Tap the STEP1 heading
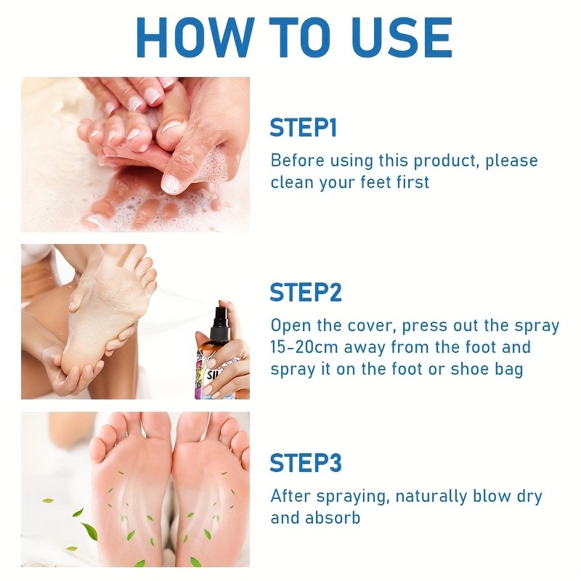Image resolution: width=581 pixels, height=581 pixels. pos(303,128)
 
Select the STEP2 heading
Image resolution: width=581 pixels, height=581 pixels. pos(305,293)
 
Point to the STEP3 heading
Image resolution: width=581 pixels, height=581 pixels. pos(305,463)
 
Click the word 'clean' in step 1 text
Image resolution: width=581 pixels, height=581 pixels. pos(293,182)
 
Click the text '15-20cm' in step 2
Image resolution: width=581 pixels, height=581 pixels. pos(303,347)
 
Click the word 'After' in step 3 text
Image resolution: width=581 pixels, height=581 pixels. pos(290,497)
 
